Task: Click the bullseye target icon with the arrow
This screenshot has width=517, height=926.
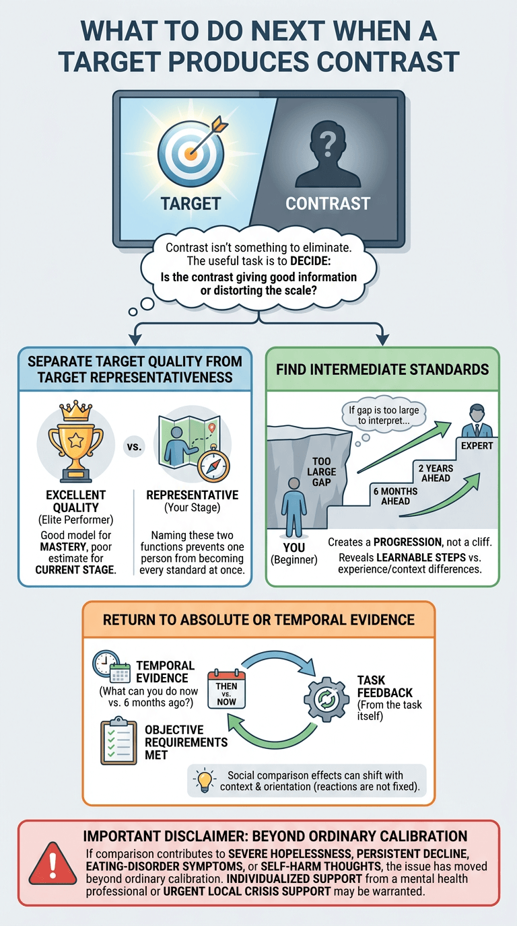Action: pos(191,151)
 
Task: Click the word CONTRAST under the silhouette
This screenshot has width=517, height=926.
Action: pos(328,203)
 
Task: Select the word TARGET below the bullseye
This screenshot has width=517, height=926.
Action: pos(191,203)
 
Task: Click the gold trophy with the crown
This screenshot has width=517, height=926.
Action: pos(75,441)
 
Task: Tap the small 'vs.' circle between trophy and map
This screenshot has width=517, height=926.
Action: pos(134,447)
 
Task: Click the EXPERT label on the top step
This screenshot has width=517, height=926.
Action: pos(477,446)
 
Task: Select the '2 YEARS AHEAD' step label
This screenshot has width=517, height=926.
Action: pos(436,473)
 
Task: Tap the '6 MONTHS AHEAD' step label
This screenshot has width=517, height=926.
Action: pos(395,496)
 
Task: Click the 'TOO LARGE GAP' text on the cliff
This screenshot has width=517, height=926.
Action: pos(321,471)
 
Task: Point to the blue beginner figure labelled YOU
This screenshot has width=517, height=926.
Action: pos(294,507)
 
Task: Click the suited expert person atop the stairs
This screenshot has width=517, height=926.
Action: pos(477,421)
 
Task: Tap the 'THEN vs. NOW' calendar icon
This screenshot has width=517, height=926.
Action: pos(226,689)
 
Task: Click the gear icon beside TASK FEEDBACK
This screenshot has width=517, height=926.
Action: pos(326,699)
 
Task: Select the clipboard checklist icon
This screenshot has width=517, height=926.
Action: pos(118,740)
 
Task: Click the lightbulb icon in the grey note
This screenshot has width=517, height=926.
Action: pos(205,781)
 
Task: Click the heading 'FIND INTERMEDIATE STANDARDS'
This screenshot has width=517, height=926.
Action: pos(382,369)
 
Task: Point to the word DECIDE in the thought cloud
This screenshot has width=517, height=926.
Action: pos(310,261)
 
